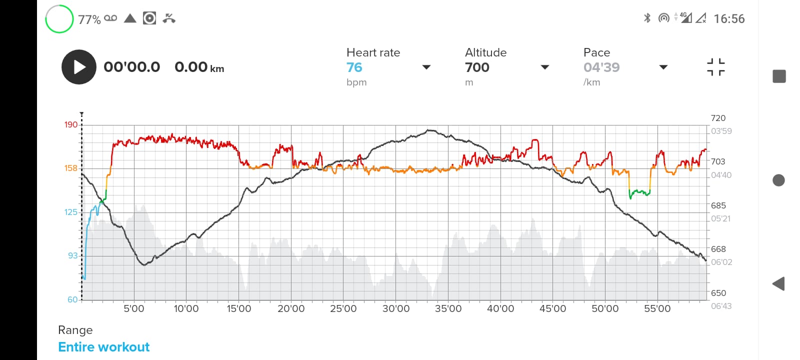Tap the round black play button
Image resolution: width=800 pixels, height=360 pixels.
coord(79,67)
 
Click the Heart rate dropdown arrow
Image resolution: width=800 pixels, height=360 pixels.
coord(426,67)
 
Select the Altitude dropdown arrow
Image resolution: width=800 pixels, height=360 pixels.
coord(545,67)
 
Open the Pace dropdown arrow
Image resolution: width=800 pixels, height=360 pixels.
coord(663,67)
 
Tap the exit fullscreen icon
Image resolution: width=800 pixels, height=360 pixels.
coord(716,67)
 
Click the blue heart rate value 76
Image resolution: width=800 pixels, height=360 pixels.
coord(354,67)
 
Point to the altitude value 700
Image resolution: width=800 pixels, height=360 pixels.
coord(477,67)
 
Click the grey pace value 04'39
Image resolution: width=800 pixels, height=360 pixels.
coord(601,67)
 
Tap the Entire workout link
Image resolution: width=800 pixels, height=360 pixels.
coord(104,347)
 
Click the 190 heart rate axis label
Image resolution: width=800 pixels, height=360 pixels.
coord(71,124)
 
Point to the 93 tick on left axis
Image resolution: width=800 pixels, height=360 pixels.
coord(73,255)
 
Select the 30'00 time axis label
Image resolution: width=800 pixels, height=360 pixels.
coord(396,309)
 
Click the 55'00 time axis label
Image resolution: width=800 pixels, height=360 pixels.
coord(657,309)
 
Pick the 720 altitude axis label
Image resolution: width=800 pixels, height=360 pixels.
coord(718,118)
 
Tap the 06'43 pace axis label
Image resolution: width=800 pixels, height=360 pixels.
coord(721,306)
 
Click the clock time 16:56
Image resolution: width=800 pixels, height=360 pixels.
coord(729,19)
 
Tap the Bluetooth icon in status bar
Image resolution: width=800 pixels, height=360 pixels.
coord(647,18)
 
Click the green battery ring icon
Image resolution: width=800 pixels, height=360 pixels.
coord(59,19)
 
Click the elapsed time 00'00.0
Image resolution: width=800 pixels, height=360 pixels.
coord(132,67)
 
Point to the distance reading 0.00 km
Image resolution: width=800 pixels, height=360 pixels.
coord(199,67)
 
